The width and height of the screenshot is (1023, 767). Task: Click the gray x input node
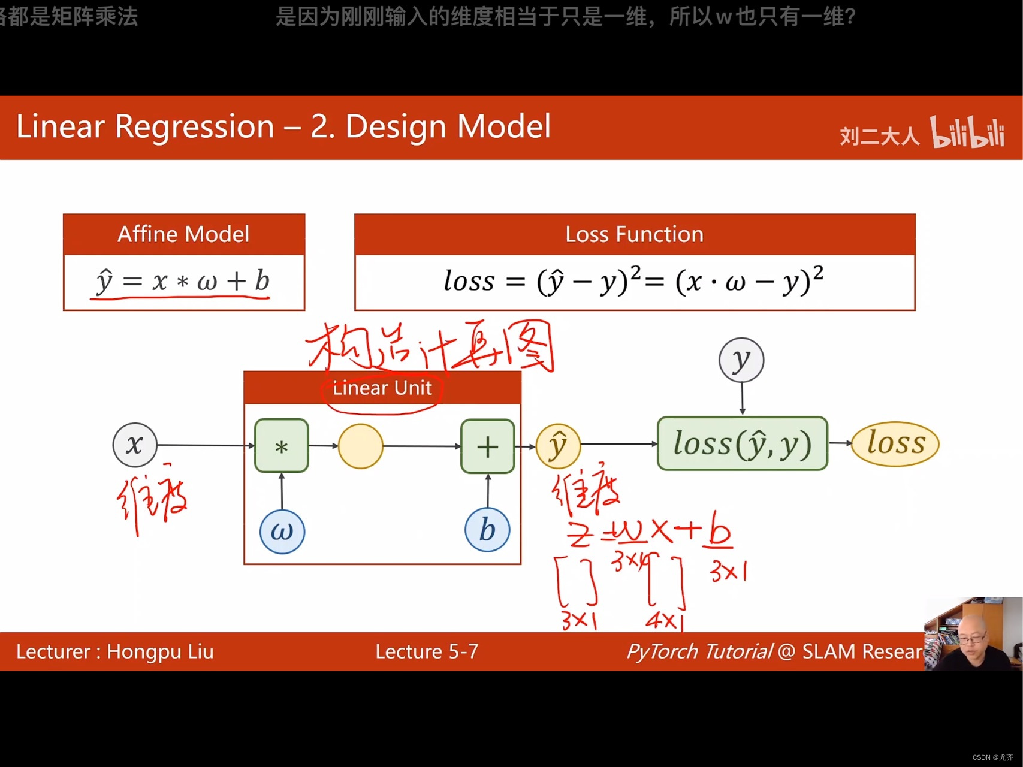[135, 445]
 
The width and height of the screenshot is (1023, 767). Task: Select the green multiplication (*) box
[281, 446]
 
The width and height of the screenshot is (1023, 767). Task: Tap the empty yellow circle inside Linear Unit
[360, 446]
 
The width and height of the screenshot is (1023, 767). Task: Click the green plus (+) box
[487, 446]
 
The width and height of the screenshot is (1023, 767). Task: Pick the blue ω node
[282, 532]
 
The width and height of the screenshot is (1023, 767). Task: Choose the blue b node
[487, 530]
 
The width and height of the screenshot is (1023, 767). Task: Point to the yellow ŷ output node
[557, 446]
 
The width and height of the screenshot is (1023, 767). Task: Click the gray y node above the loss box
[741, 360]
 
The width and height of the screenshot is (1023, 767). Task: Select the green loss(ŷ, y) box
[742, 443]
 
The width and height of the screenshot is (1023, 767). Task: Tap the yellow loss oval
[895, 443]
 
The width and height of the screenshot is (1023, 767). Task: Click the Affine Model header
[183, 234]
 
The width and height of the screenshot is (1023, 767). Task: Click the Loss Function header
[634, 234]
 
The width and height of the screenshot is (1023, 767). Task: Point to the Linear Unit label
[382, 388]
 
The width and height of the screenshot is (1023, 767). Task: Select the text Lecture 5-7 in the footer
[427, 651]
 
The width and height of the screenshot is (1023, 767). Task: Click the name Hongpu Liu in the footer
[160, 651]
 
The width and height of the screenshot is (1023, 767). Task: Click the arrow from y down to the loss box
[742, 398]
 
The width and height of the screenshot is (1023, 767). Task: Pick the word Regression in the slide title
[194, 126]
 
